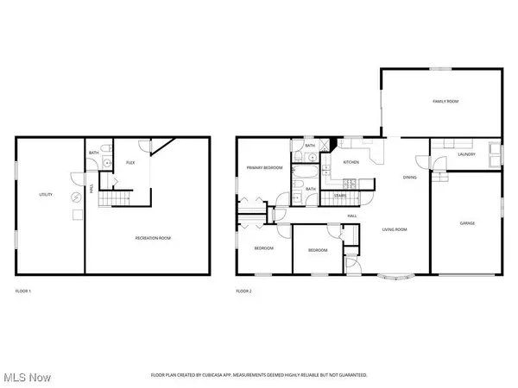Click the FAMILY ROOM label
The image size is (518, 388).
pos(445,102)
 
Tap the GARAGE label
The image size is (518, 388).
pos(466,223)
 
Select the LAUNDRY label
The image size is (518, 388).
pos(467,154)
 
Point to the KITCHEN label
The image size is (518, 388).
pos(351,162)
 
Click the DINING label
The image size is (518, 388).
pos(410,178)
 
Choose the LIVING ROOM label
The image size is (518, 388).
pos(395,229)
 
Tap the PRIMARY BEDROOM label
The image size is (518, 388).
pos(265,168)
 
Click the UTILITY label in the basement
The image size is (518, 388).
pos(47,195)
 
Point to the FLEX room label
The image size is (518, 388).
pos(131,162)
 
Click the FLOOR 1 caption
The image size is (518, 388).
pos(24,291)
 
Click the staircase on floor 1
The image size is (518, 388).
pos(104,202)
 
